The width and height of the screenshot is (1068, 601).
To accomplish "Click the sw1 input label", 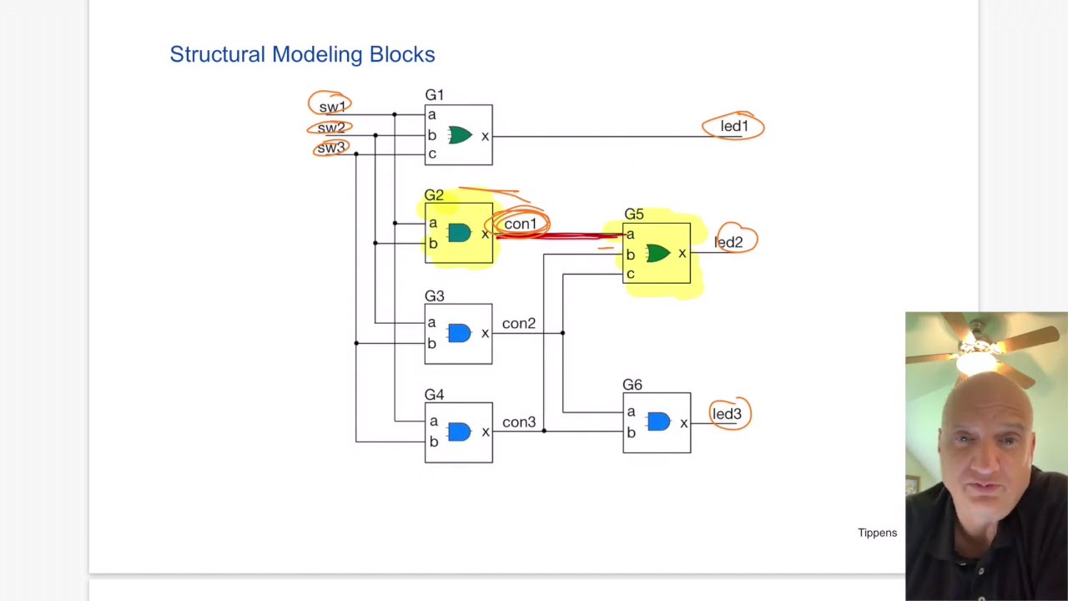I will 331,107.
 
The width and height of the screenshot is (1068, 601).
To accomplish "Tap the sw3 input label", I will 330,148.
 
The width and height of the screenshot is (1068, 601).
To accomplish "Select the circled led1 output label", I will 734,126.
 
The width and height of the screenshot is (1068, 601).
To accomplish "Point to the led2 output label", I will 728,242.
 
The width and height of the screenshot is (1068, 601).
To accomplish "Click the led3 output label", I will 727,414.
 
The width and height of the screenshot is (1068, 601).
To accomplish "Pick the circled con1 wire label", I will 520,224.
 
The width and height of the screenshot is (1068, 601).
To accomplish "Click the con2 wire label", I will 519,324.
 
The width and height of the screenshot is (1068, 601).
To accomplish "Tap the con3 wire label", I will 519,422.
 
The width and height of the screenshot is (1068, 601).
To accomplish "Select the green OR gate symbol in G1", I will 460,135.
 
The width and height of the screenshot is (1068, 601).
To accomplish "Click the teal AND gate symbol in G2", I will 459,234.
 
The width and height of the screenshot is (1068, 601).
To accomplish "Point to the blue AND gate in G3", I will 459,334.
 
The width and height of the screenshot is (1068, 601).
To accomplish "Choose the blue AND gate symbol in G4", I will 459,432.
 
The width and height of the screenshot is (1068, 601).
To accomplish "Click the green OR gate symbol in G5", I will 657,254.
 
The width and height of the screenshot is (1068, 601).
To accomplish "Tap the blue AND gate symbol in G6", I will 658,422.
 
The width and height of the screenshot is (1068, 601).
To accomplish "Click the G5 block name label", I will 634,215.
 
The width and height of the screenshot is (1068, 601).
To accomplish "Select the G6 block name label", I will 632,385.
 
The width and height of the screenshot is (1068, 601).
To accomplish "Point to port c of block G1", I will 431,154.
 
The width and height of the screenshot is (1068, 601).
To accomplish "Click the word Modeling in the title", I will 318,54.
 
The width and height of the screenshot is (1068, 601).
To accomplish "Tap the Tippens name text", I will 877,533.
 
